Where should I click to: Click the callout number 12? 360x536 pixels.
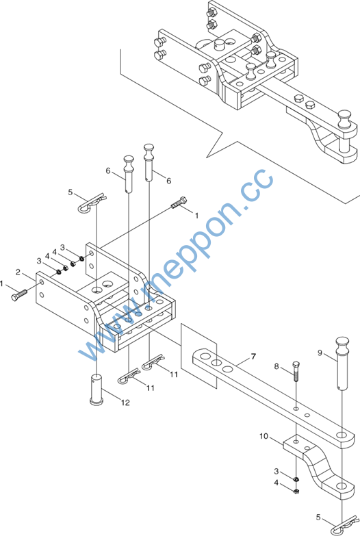tap(125, 403)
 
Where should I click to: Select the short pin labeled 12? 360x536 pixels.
tap(97, 390)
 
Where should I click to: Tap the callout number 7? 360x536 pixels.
tap(253, 357)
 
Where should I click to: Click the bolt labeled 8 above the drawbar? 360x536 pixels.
tap(296, 372)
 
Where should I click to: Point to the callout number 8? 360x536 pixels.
tap(277, 366)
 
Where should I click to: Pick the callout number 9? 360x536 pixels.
tap(320, 353)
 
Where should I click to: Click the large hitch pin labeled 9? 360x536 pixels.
tap(342, 363)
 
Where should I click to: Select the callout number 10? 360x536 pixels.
tap(263, 436)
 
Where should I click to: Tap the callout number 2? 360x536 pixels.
tap(18, 272)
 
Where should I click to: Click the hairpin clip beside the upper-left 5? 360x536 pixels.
tap(92, 203)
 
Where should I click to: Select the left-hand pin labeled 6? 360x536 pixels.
tap(129, 173)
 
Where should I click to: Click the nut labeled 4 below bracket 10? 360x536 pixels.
tap(296, 492)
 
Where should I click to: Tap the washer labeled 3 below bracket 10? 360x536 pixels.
tap(296, 479)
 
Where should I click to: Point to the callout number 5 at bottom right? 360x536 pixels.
tap(318, 518)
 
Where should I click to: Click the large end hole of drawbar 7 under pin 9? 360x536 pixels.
tap(342, 435)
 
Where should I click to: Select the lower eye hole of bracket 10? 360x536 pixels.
tap(342, 485)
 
